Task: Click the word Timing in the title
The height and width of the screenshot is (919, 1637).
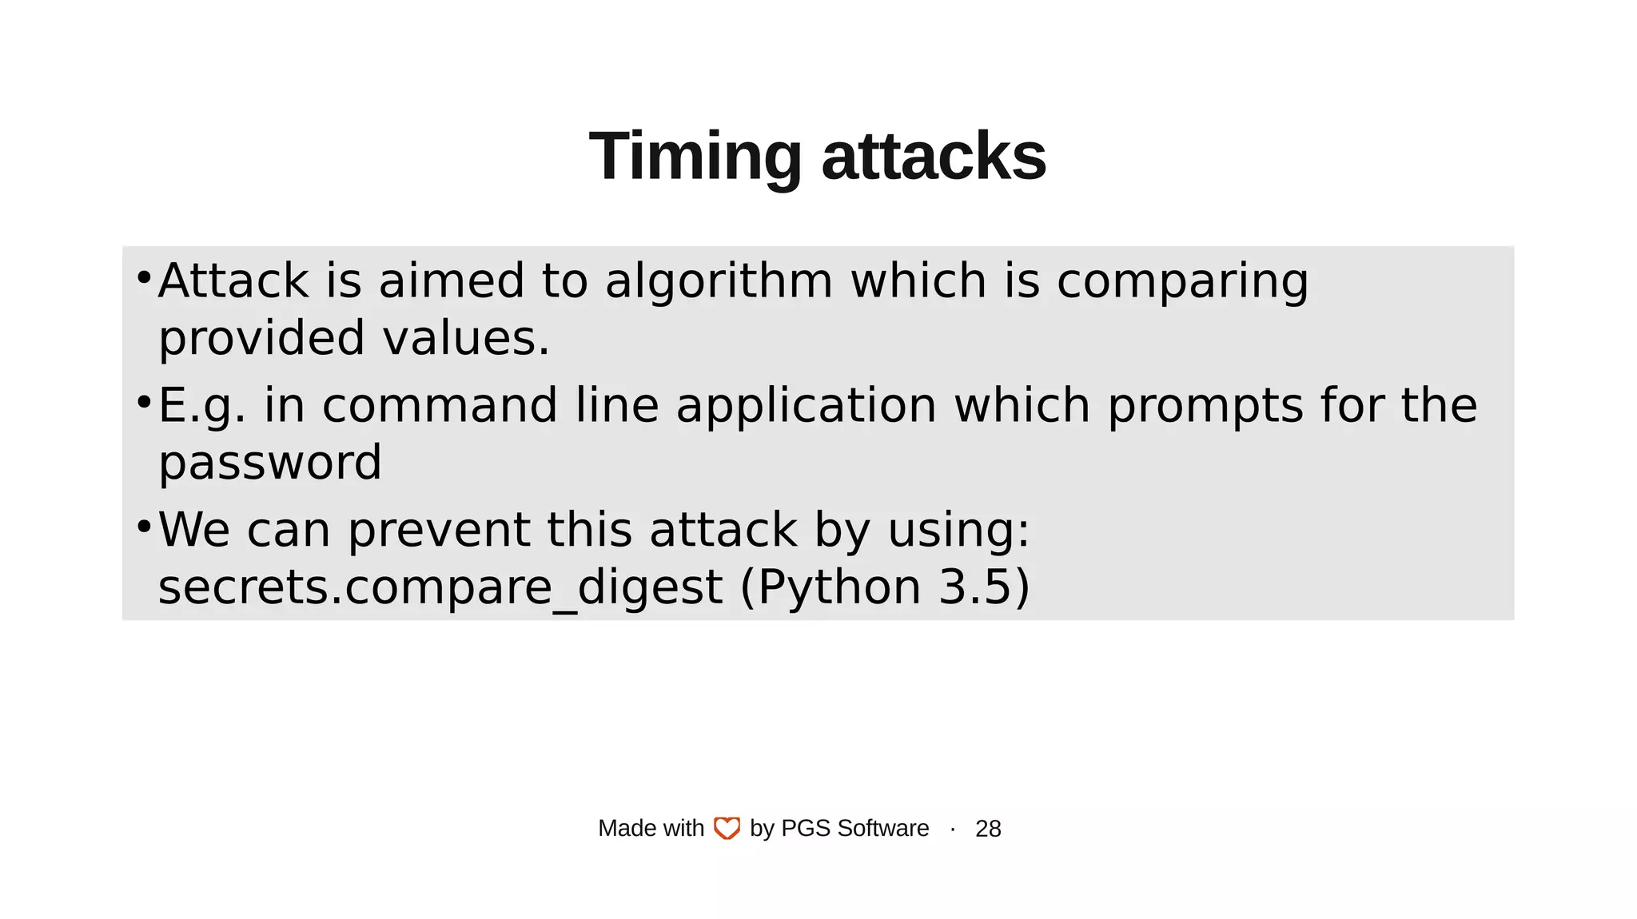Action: tap(695, 157)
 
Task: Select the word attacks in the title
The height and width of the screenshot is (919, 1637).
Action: tap(934, 157)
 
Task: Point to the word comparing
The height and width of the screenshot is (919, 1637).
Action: tap(1182, 283)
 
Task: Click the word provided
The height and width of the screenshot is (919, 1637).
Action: tap(261, 339)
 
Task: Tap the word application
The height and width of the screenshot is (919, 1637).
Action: tap(806, 407)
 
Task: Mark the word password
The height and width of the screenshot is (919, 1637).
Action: tap(270, 463)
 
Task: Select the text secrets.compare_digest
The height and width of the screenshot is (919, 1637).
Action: tap(440, 588)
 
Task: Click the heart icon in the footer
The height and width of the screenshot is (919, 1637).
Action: tap(727, 829)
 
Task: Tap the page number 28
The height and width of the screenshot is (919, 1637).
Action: tap(988, 829)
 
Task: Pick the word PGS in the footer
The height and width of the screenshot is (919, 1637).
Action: tap(805, 829)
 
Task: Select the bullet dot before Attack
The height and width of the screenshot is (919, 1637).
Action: tap(144, 277)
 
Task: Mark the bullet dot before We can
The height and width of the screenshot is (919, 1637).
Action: tap(144, 526)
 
